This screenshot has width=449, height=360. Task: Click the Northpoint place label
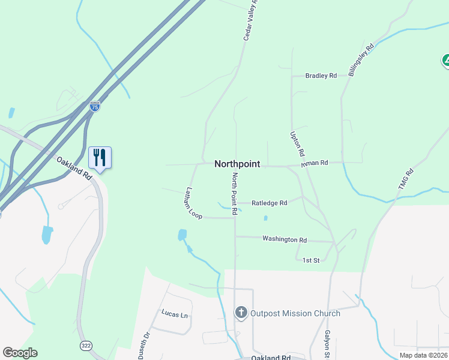237,164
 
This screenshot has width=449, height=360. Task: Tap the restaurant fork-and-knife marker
100,158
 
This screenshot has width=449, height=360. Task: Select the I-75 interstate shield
95,106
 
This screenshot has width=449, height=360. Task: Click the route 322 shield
85,345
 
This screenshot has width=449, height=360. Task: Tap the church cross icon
241,313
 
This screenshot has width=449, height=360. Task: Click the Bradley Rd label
321,76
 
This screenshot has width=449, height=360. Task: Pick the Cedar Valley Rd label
250,20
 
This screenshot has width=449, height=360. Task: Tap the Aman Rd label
315,163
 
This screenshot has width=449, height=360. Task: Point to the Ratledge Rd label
269,203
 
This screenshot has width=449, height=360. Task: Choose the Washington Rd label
285,239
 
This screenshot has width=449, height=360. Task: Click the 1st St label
310,260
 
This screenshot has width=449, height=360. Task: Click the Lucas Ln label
175,313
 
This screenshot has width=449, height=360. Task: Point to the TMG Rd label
406,179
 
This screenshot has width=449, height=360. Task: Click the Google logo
20,353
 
